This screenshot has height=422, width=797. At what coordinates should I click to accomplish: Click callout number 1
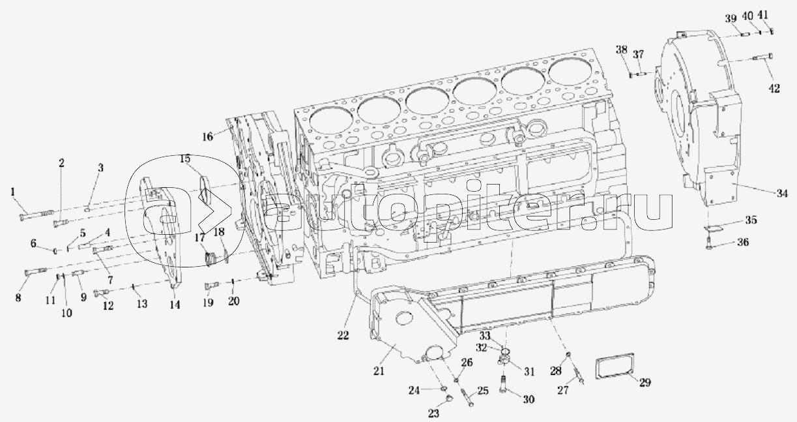pyautogui.click(x=13, y=192)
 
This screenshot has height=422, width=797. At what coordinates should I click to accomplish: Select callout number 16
pyautogui.click(x=207, y=136)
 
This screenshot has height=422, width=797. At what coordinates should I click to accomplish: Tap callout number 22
pyautogui.click(x=343, y=335)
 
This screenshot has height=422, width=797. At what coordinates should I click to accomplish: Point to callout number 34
pyautogui.click(x=782, y=193)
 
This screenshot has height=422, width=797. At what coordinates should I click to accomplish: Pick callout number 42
pyautogui.click(x=775, y=88)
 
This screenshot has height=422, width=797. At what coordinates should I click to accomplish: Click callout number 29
pyautogui.click(x=645, y=382)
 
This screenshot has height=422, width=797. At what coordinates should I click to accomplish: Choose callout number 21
pyautogui.click(x=379, y=370)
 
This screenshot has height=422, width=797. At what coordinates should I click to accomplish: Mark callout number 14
pyautogui.click(x=175, y=305)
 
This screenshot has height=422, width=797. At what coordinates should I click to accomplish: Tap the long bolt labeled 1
pyautogui.click(x=36, y=215)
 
